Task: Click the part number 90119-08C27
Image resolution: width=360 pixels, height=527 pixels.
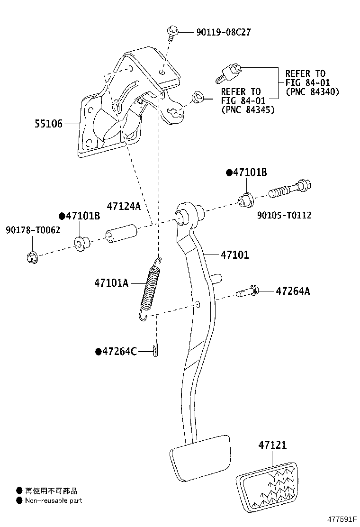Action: click(223, 32)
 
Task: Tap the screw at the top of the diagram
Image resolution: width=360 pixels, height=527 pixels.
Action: click(172, 33)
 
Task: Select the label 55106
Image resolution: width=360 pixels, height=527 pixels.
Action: click(49, 124)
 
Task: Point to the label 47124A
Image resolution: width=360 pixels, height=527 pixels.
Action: click(124, 206)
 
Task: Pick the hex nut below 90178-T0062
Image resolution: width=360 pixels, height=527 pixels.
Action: click(32, 257)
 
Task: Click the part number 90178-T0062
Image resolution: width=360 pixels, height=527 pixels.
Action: click(33, 230)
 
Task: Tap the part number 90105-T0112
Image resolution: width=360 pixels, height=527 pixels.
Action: click(284, 215)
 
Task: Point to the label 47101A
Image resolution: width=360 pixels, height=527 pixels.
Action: click(111, 283)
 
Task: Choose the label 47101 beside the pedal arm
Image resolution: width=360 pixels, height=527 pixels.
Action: click(235, 255)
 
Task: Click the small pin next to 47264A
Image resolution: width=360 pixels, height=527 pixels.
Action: click(247, 291)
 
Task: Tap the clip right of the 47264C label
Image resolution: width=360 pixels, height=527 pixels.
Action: click(155, 351)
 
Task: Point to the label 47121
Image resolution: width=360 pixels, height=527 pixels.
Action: click(272, 445)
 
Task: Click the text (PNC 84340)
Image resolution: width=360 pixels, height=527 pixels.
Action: click(312, 92)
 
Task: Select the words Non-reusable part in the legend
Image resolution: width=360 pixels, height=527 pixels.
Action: click(54, 500)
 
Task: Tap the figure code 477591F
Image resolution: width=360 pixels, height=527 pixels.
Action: click(342, 519)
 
